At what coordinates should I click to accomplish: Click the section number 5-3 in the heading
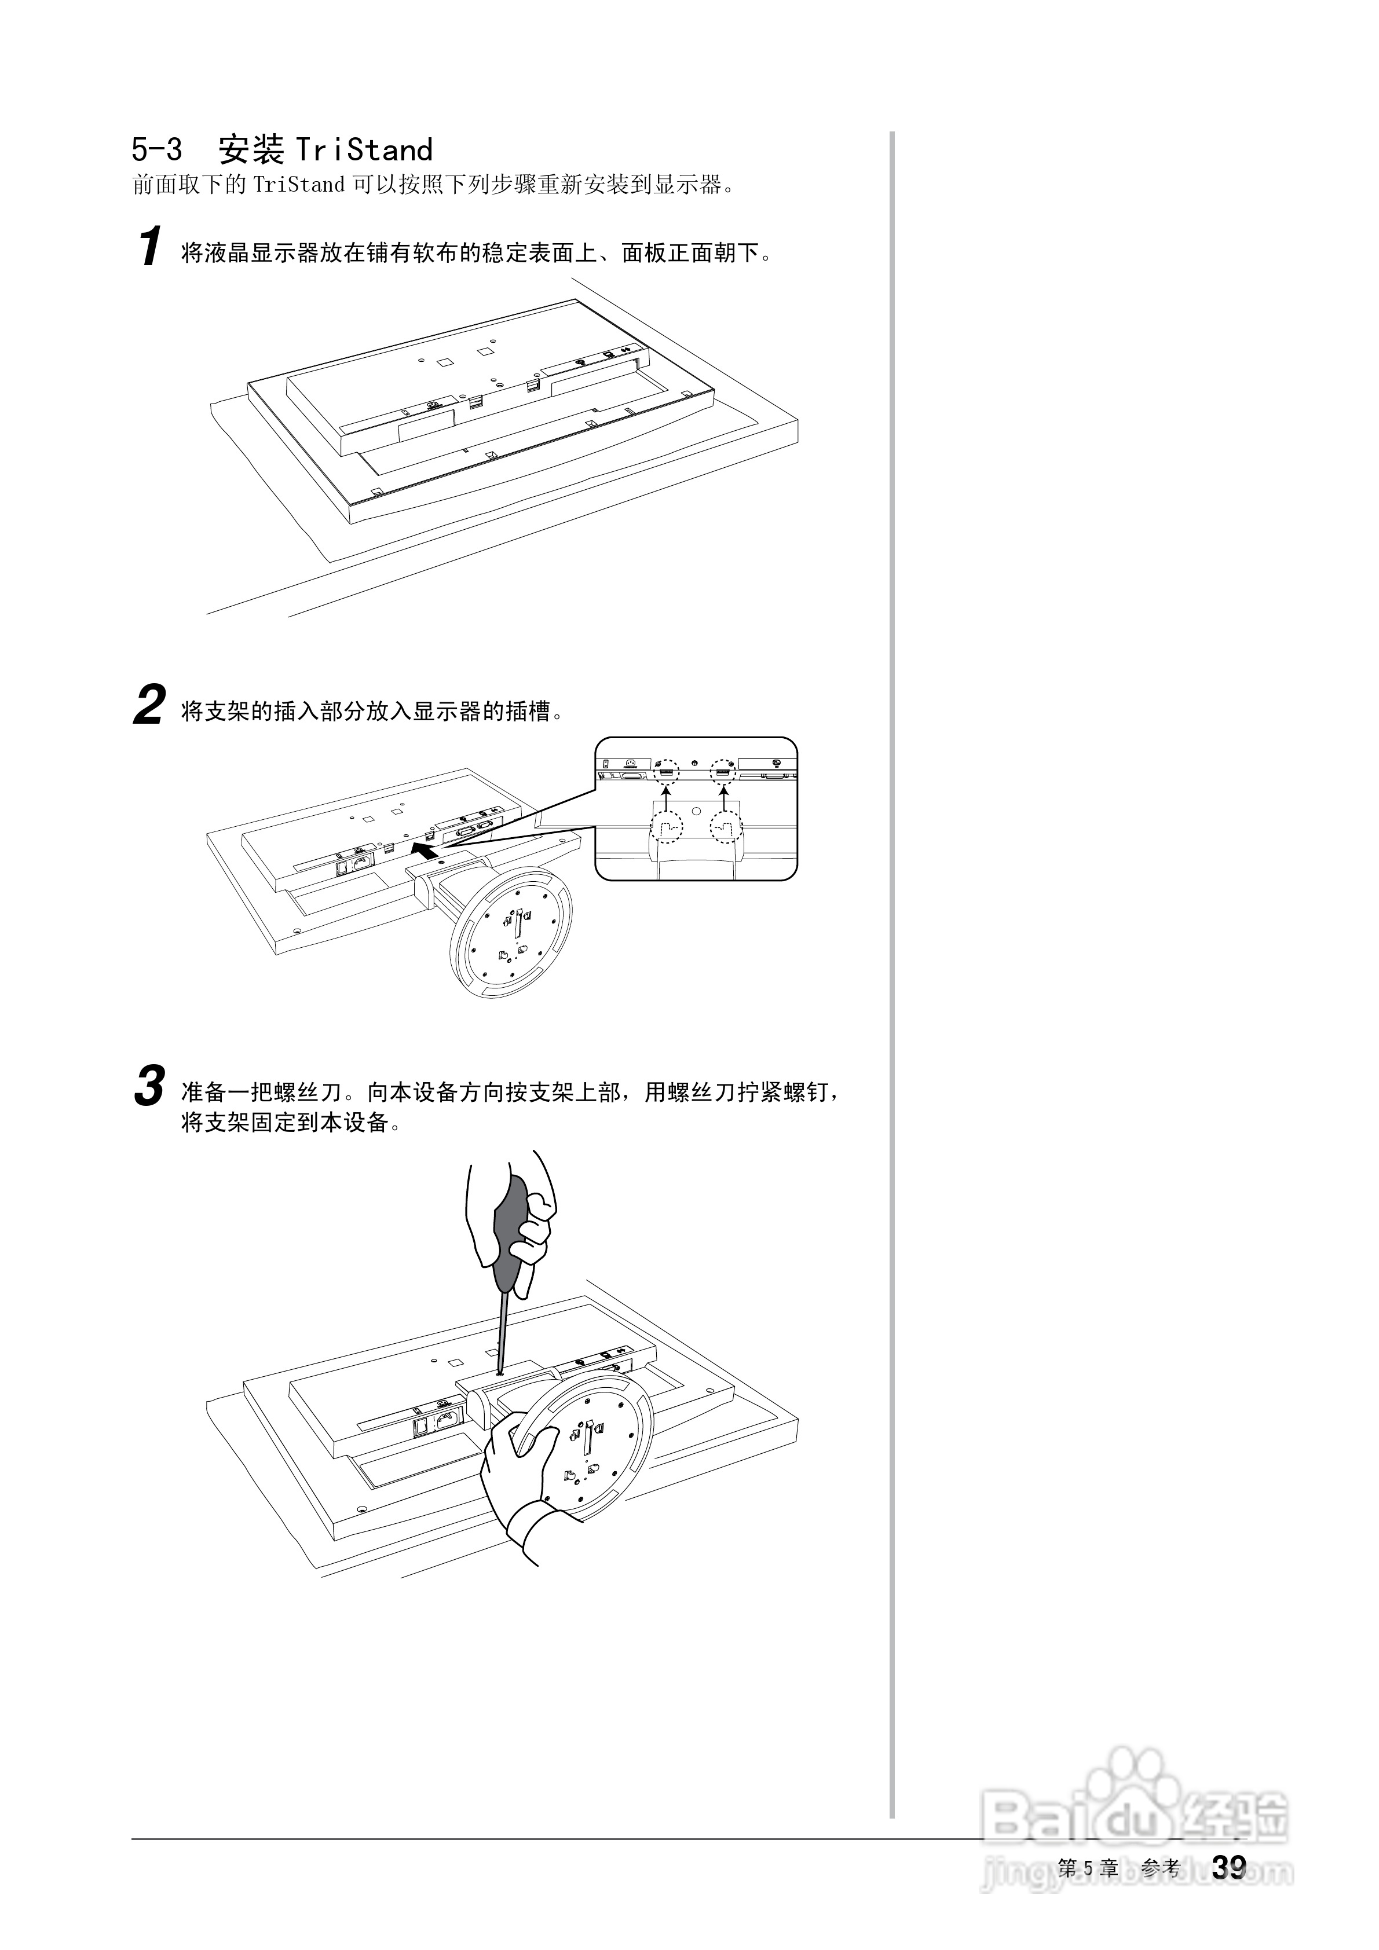pos(157,151)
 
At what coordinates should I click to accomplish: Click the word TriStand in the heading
pos(364,151)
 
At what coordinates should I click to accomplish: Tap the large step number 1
pos(149,247)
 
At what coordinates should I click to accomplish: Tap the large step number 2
pos(149,706)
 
